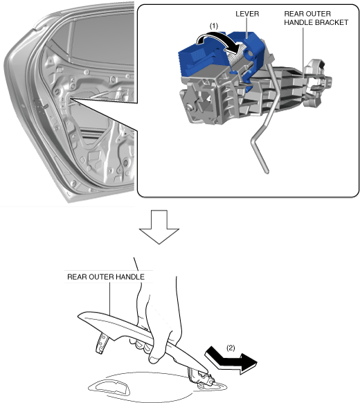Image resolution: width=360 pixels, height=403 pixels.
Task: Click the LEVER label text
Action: tap(247, 14)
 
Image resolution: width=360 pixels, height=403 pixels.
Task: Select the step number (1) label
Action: tap(214, 26)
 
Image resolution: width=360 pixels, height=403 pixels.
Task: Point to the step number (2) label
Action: tap(231, 348)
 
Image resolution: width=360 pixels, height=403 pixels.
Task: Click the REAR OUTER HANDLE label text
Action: tap(106, 277)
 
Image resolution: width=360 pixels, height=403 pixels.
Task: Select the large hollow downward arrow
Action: tap(159, 227)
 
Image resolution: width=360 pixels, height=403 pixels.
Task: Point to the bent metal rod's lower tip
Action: tap(267, 172)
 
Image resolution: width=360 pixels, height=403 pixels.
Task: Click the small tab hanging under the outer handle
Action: tap(102, 343)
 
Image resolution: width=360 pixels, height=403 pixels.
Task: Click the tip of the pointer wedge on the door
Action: tap(70, 98)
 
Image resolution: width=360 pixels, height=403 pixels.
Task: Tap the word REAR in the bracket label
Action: tap(292, 14)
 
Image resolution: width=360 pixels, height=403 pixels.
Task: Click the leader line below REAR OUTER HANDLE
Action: tap(109, 298)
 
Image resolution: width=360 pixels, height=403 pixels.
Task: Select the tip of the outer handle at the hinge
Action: tap(206, 371)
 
